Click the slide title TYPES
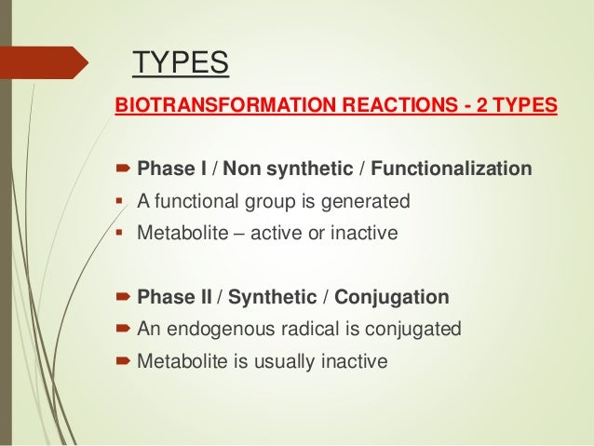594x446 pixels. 181,64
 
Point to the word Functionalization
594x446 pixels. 451,169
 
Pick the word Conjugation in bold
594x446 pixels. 400,298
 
